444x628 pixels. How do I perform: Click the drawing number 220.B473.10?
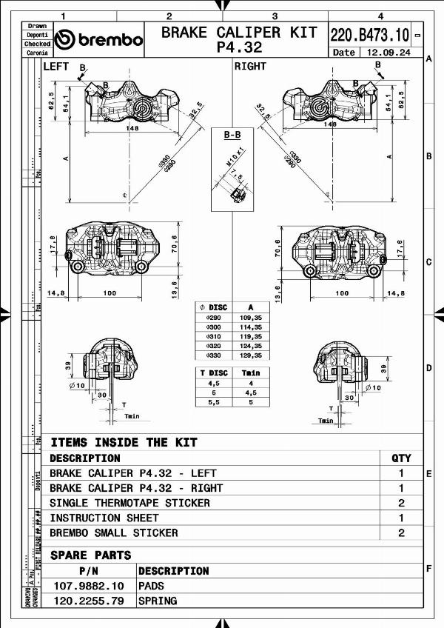(x=369, y=35)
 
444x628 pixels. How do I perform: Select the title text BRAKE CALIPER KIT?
(x=238, y=33)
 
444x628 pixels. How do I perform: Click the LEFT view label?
(x=56, y=67)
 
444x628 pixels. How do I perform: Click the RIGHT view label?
(x=250, y=67)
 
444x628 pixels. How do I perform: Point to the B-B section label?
(x=232, y=136)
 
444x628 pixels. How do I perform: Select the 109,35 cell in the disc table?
(x=252, y=317)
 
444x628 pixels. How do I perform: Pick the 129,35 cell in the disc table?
(x=252, y=355)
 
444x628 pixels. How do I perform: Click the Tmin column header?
(x=252, y=373)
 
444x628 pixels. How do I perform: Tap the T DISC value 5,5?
(x=214, y=401)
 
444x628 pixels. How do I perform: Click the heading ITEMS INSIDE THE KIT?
(x=124, y=442)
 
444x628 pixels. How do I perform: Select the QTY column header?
(x=401, y=458)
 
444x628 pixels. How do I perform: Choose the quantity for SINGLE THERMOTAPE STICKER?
(x=401, y=503)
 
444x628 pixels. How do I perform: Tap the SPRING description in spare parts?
(x=158, y=601)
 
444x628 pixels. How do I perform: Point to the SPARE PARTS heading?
(x=90, y=555)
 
